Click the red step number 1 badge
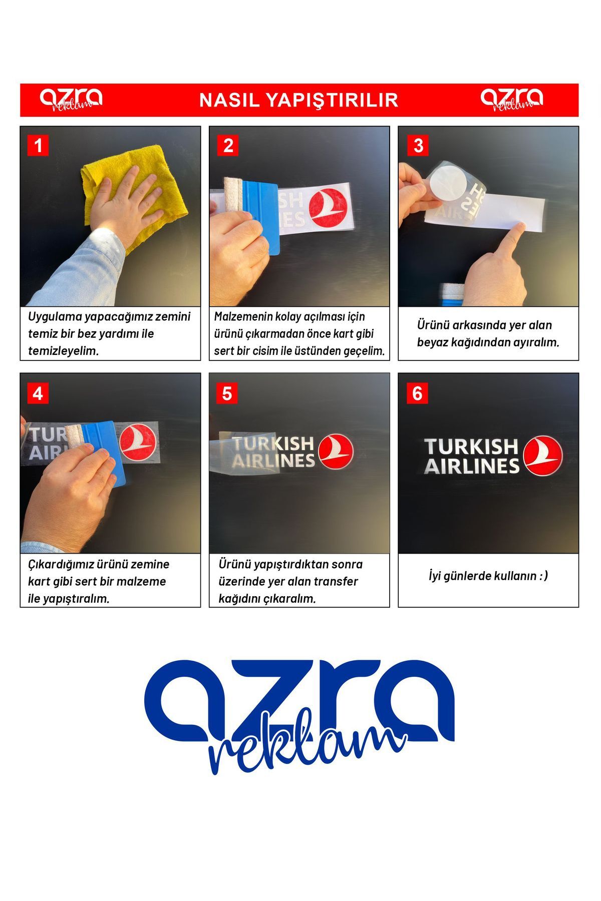click(38, 146)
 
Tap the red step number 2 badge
click(228, 146)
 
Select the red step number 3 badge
click(418, 146)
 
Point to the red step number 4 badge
click(38, 393)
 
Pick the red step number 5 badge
click(227, 393)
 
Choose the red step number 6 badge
click(417, 393)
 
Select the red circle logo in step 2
click(328, 208)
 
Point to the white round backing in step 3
click(447, 183)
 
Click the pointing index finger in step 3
click(506, 240)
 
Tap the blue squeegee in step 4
click(104, 450)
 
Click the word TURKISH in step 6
click(471, 446)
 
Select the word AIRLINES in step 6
click(472, 466)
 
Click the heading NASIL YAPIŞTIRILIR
click(299, 100)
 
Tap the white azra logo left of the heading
click(71, 99)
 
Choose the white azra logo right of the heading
click(512, 99)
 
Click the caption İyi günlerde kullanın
click(488, 576)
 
